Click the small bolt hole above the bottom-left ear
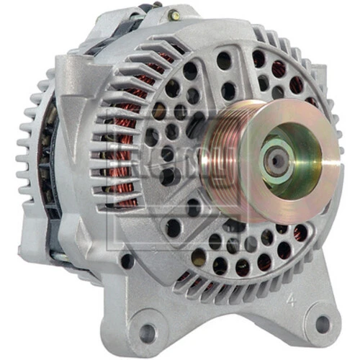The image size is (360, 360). [127, 261]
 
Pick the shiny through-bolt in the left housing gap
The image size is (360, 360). [52, 216]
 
